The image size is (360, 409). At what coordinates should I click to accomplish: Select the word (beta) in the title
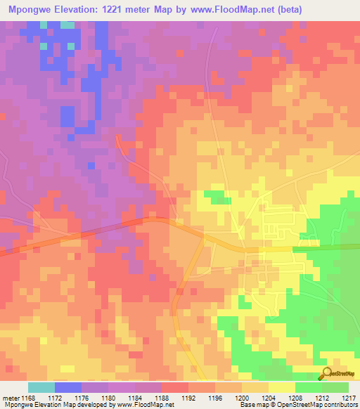(x=337, y=9)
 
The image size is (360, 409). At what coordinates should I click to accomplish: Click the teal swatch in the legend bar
(x=41, y=387)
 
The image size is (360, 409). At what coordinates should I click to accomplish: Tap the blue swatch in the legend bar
(x=67, y=387)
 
